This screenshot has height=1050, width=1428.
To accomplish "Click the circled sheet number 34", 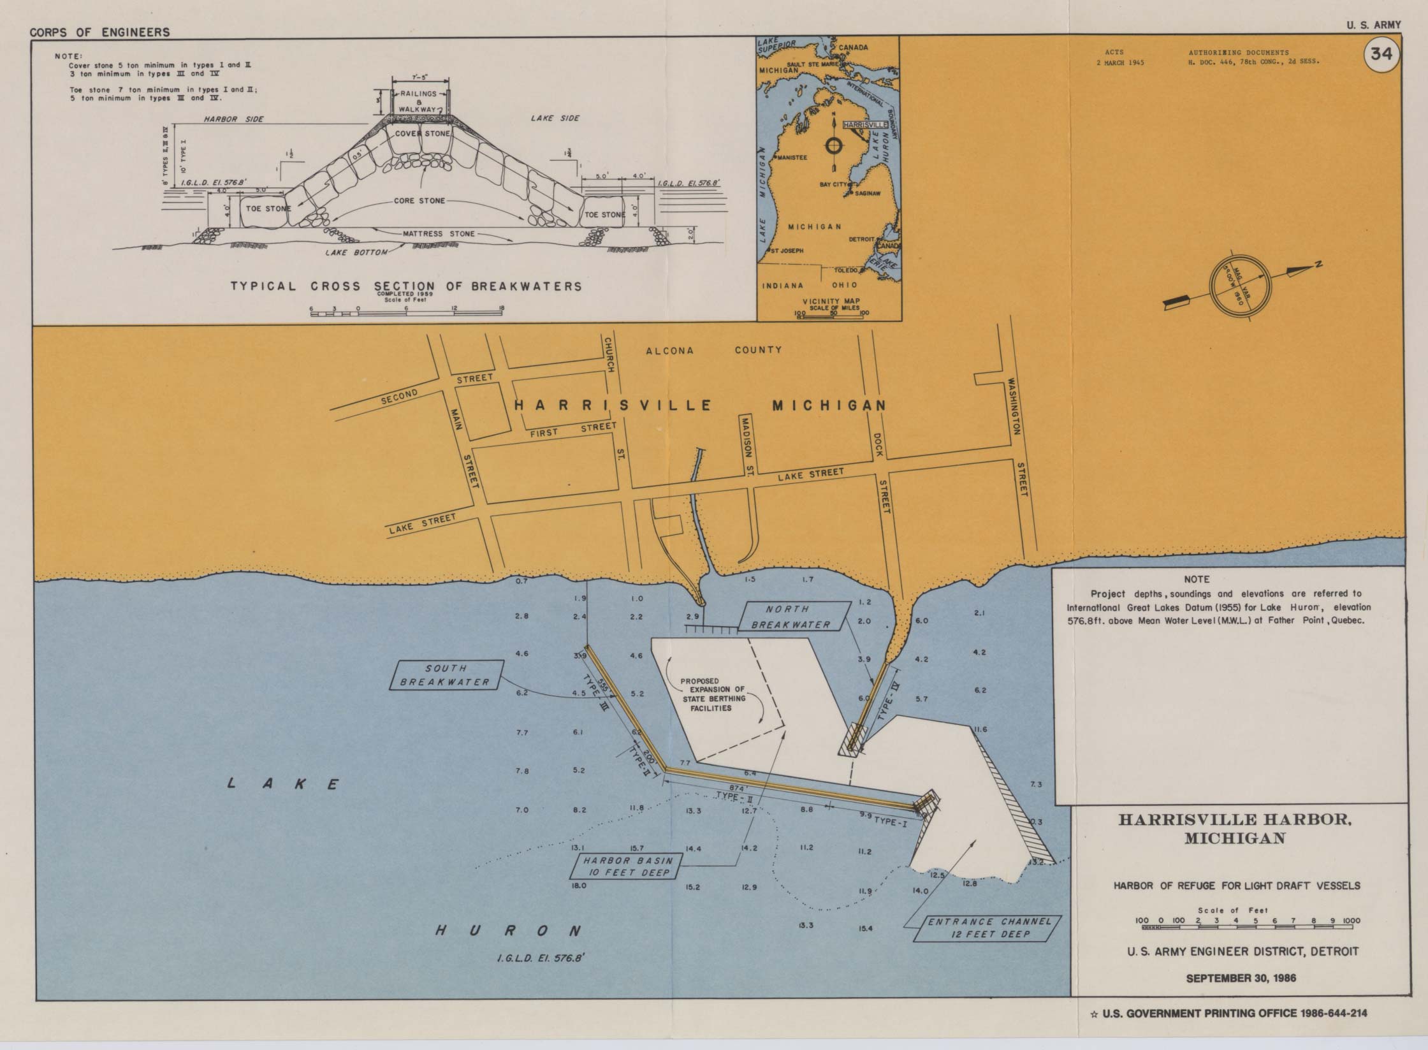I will click(1381, 55).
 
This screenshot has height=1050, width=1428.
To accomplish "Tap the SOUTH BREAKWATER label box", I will click(446, 675).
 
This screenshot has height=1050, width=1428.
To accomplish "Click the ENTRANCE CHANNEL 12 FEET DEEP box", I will click(989, 928).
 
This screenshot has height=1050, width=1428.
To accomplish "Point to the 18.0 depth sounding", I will click(579, 886).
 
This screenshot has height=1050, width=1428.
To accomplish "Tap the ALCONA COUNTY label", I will click(713, 350).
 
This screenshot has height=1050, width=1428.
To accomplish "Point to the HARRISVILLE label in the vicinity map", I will click(864, 125).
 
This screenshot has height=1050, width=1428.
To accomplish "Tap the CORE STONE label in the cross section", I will click(419, 201).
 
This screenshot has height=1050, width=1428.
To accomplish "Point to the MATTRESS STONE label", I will click(439, 234).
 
